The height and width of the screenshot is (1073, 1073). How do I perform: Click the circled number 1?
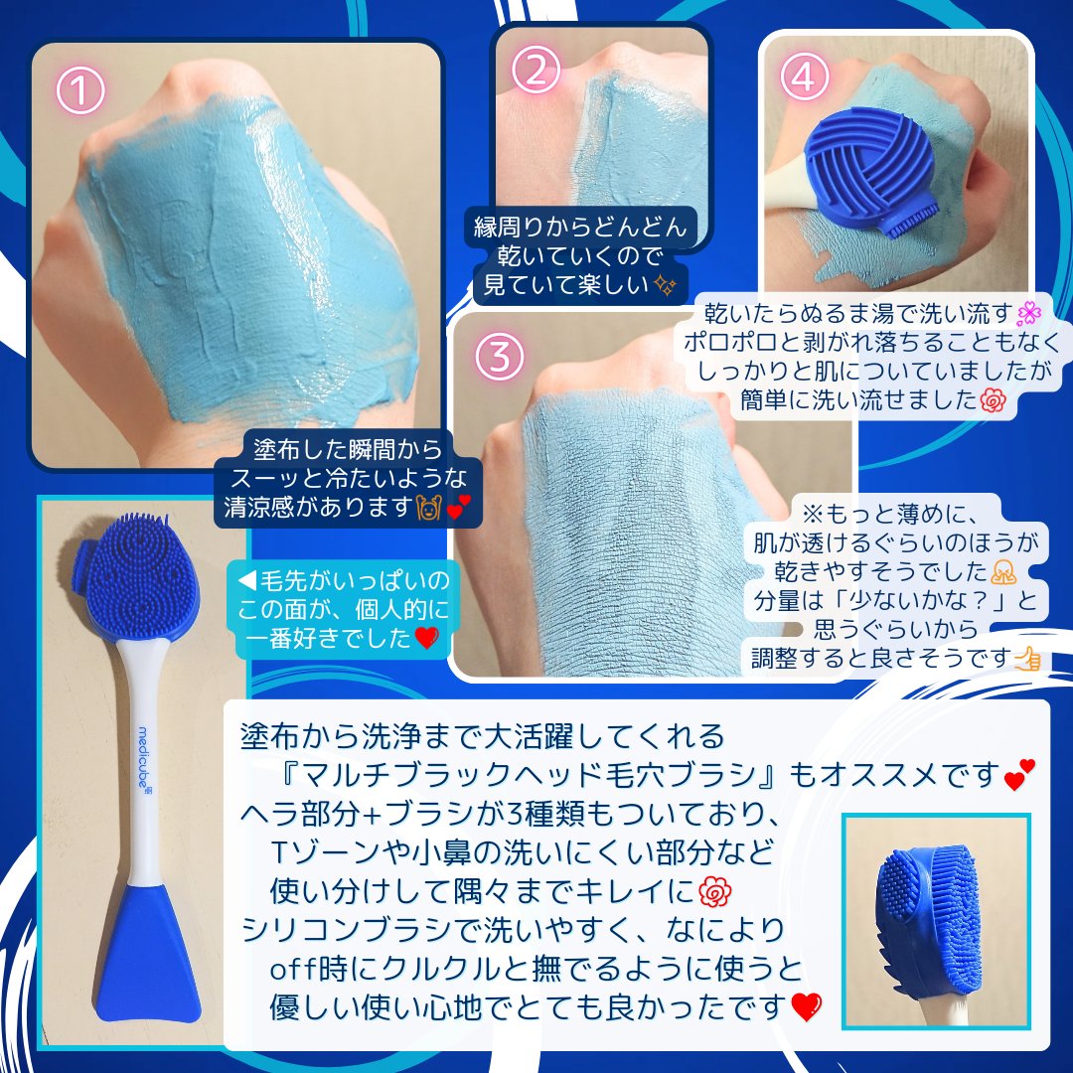[81, 92]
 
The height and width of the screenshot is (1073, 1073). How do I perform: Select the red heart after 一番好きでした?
[425, 639]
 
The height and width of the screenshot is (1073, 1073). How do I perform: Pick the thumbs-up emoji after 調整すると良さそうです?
[1027, 657]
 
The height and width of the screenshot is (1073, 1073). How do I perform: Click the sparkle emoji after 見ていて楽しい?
[666, 286]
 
